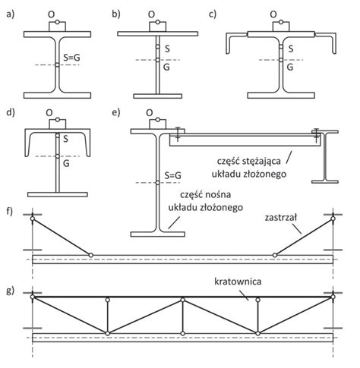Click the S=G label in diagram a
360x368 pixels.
(71, 58)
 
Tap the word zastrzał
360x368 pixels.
(281, 218)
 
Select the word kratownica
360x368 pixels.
(238, 282)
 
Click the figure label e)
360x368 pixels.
(116, 112)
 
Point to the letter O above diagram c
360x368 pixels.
(273, 14)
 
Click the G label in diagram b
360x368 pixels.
(166, 67)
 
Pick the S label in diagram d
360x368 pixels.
(66, 139)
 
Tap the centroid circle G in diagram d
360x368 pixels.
(58, 156)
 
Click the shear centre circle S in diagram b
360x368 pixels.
(158, 47)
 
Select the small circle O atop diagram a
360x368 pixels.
(57, 22)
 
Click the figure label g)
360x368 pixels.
(10, 291)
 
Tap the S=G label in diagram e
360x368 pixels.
(173, 175)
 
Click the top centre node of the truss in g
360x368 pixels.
(183, 300)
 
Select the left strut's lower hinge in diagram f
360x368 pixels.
(91, 255)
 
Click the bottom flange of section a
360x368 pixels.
(57, 96)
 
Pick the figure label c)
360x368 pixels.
(213, 14)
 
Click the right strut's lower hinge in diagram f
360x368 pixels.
(275, 255)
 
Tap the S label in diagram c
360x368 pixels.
(291, 49)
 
